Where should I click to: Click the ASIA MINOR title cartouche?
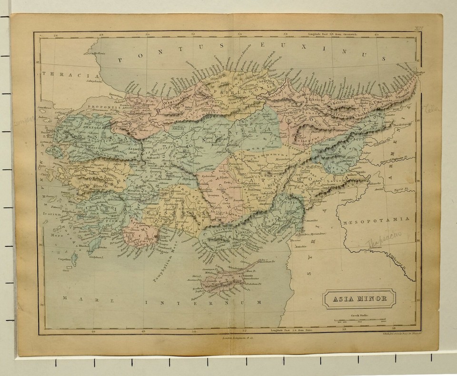coord(359,299)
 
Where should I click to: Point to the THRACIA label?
coord(69,75)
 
